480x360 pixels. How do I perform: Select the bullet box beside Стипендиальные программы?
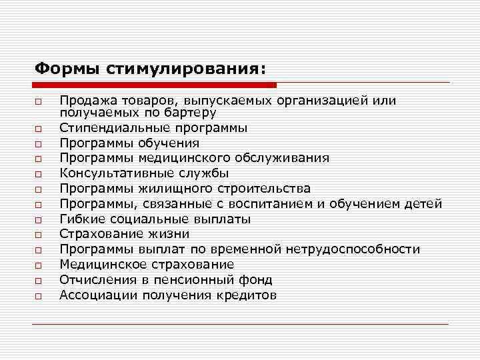tap(39, 129)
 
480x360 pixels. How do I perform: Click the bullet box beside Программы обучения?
tap(39, 144)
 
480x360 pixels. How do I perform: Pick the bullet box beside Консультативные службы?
tap(39, 175)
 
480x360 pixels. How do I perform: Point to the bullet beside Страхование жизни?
tap(39, 235)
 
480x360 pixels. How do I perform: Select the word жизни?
tap(169, 234)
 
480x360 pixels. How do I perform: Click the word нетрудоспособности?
tap(353, 249)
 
